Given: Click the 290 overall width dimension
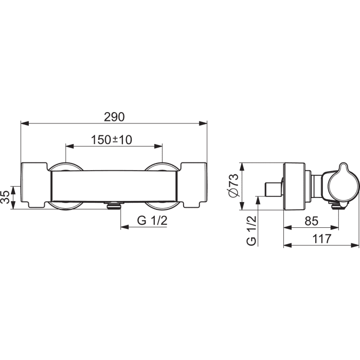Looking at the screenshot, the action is coord(114,117).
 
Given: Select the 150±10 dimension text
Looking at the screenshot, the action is coord(112,140).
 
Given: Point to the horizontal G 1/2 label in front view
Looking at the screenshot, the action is coord(152,221).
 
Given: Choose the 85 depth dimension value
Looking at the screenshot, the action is coord(312,221).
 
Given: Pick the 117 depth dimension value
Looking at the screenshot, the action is coord(322,239).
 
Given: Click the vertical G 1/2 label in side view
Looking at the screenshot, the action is coord(251,231).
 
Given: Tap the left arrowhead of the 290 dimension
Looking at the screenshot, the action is coord(25,123).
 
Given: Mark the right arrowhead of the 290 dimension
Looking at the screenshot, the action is coord(203,123).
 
